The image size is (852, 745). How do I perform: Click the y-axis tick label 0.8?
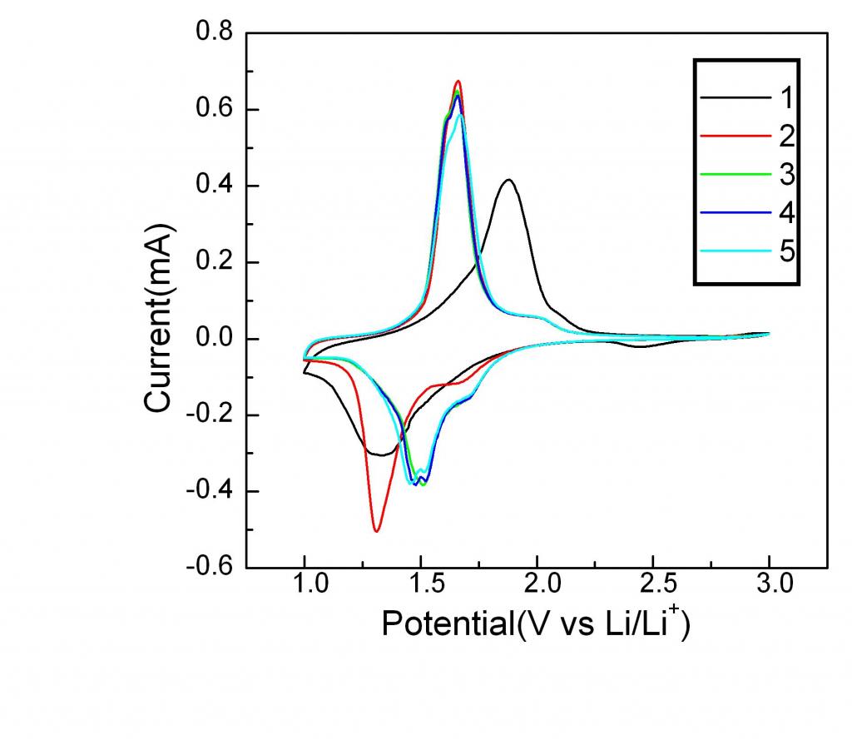click(214, 33)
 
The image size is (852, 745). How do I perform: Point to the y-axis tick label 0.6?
click(214, 109)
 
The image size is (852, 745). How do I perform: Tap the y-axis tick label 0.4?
click(214, 186)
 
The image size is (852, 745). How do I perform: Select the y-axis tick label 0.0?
click(214, 339)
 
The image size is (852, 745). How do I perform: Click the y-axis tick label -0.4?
click(209, 491)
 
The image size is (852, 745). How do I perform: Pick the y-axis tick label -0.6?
click(209, 568)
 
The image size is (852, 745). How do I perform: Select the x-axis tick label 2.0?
click(537, 587)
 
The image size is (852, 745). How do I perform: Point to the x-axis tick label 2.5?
click(653, 587)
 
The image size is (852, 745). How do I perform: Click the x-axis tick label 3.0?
click(770, 587)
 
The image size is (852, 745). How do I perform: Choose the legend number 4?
click(786, 213)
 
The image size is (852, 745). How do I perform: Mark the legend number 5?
click(786, 251)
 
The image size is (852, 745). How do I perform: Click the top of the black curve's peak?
click(508, 180)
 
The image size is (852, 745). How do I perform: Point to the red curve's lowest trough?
click(377, 530)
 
